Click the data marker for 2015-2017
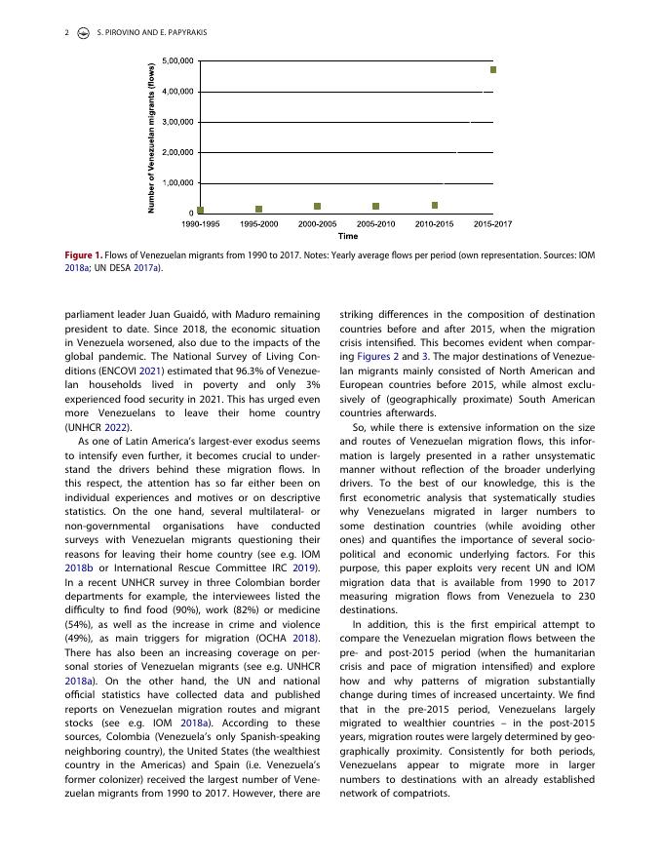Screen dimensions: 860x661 [x=493, y=70]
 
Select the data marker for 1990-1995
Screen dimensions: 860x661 [x=201, y=210]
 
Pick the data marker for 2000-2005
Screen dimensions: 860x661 [x=318, y=207]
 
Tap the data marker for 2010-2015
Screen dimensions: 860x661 [x=435, y=206]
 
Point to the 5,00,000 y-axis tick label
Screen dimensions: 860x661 [x=176, y=60]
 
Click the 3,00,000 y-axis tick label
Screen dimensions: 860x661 [x=176, y=122]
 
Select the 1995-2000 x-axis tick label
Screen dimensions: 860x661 [x=259, y=223]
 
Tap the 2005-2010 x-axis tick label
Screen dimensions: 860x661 [x=376, y=223]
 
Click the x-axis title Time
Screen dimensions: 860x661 [x=347, y=235]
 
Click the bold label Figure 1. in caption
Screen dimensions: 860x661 [x=89, y=254]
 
